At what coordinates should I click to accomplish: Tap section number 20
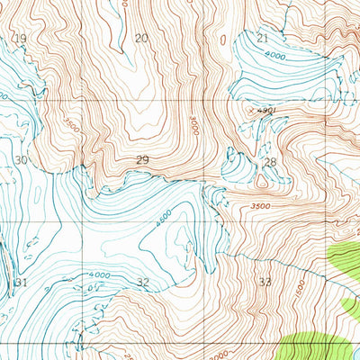click(140, 37)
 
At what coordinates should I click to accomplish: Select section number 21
click(263, 38)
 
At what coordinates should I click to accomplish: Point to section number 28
click(270, 162)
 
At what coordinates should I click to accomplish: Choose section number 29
click(142, 159)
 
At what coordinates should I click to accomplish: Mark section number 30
click(22, 159)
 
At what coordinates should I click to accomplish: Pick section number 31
click(22, 283)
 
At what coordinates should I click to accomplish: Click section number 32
click(143, 283)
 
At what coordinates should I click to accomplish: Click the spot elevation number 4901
click(265, 111)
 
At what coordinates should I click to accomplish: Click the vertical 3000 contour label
click(193, 126)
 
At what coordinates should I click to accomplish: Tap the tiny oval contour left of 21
click(222, 40)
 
